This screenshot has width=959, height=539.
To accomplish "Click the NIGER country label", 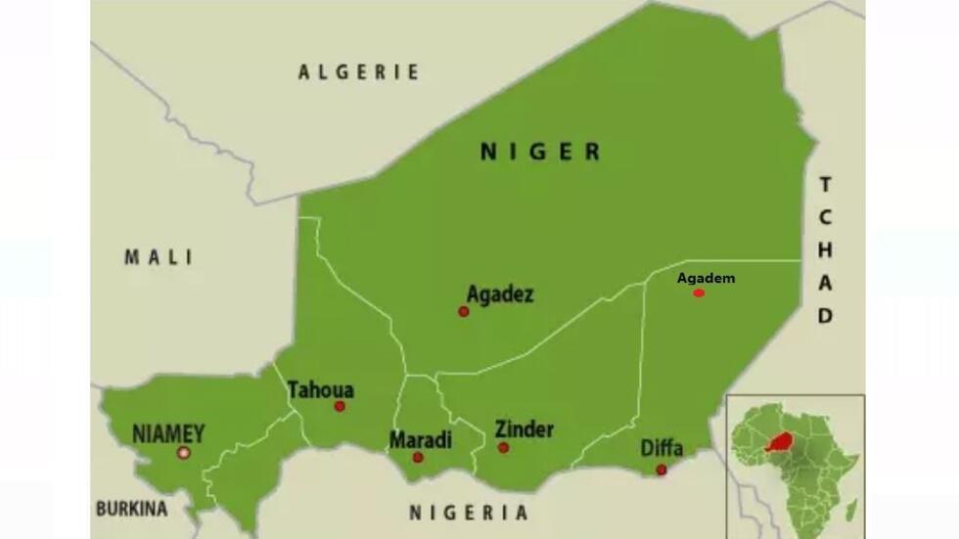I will [x=540, y=152].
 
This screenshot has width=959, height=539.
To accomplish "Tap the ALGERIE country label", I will [x=359, y=71].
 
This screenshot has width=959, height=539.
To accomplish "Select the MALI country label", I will [x=159, y=257].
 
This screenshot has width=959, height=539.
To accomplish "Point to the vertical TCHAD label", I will [x=825, y=249].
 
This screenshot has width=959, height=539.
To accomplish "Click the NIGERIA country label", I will [x=469, y=513].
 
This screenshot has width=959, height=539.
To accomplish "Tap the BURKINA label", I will [x=131, y=509].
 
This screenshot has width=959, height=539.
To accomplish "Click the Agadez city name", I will [x=500, y=293].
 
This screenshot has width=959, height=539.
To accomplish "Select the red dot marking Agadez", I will [x=464, y=311].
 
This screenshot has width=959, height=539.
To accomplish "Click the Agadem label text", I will [x=706, y=278].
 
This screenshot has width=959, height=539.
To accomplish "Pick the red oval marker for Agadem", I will [x=699, y=292].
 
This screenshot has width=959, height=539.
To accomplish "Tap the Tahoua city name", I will [x=321, y=390].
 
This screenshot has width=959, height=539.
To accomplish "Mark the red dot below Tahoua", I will [x=340, y=406].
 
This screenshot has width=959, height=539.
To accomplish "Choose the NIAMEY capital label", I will [x=168, y=432].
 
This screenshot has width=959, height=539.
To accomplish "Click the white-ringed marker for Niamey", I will [x=183, y=452].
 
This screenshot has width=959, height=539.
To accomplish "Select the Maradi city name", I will [x=421, y=440].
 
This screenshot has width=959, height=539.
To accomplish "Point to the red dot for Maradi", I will [x=418, y=457].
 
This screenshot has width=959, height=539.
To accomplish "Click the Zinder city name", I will [x=524, y=429].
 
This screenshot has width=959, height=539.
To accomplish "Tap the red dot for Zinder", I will [x=503, y=447].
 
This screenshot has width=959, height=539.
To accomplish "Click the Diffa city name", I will [x=662, y=449].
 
